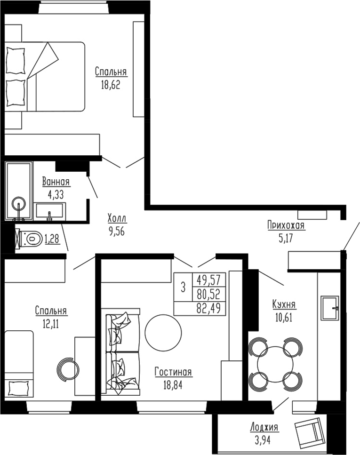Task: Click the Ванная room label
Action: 56,182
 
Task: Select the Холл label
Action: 117,219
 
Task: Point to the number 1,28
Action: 52,239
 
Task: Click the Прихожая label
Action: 286,226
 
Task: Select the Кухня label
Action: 284,304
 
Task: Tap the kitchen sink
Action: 329,308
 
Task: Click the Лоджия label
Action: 264,428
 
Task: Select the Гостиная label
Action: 173,372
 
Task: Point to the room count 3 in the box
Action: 183,287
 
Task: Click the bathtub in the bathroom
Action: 19,191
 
